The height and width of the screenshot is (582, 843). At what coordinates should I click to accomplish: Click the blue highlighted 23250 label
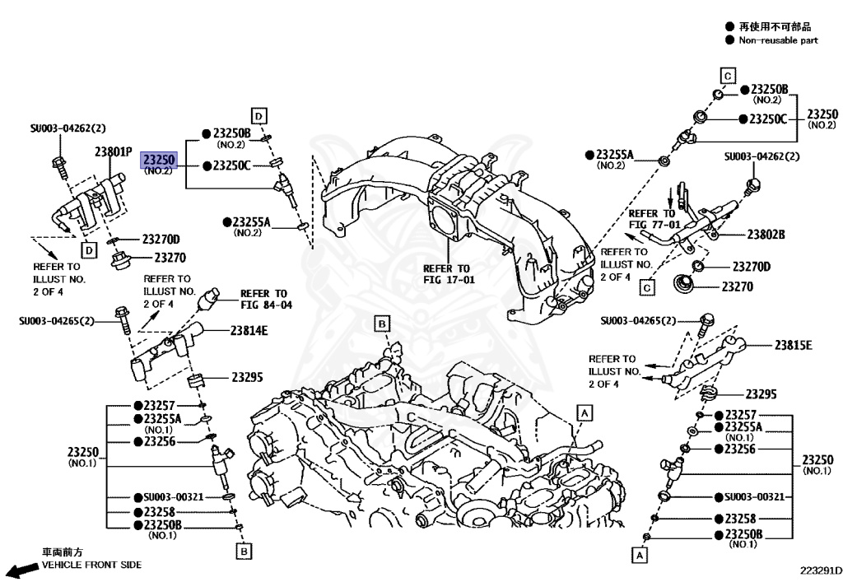[158, 159]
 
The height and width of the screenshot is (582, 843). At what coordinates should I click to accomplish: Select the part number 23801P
[113, 151]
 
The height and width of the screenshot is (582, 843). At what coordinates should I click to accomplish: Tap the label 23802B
[766, 235]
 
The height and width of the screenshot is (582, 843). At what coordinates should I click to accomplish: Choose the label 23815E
[793, 345]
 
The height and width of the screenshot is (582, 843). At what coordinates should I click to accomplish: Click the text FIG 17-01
[449, 279]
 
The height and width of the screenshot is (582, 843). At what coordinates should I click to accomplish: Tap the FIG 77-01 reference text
[654, 224]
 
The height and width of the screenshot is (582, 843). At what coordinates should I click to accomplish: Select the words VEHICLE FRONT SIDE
[91, 565]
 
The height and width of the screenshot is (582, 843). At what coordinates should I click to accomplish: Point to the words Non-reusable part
[778, 40]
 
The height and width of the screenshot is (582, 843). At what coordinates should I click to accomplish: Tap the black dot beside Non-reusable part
[729, 40]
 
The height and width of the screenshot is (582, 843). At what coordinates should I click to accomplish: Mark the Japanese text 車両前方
[63, 552]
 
